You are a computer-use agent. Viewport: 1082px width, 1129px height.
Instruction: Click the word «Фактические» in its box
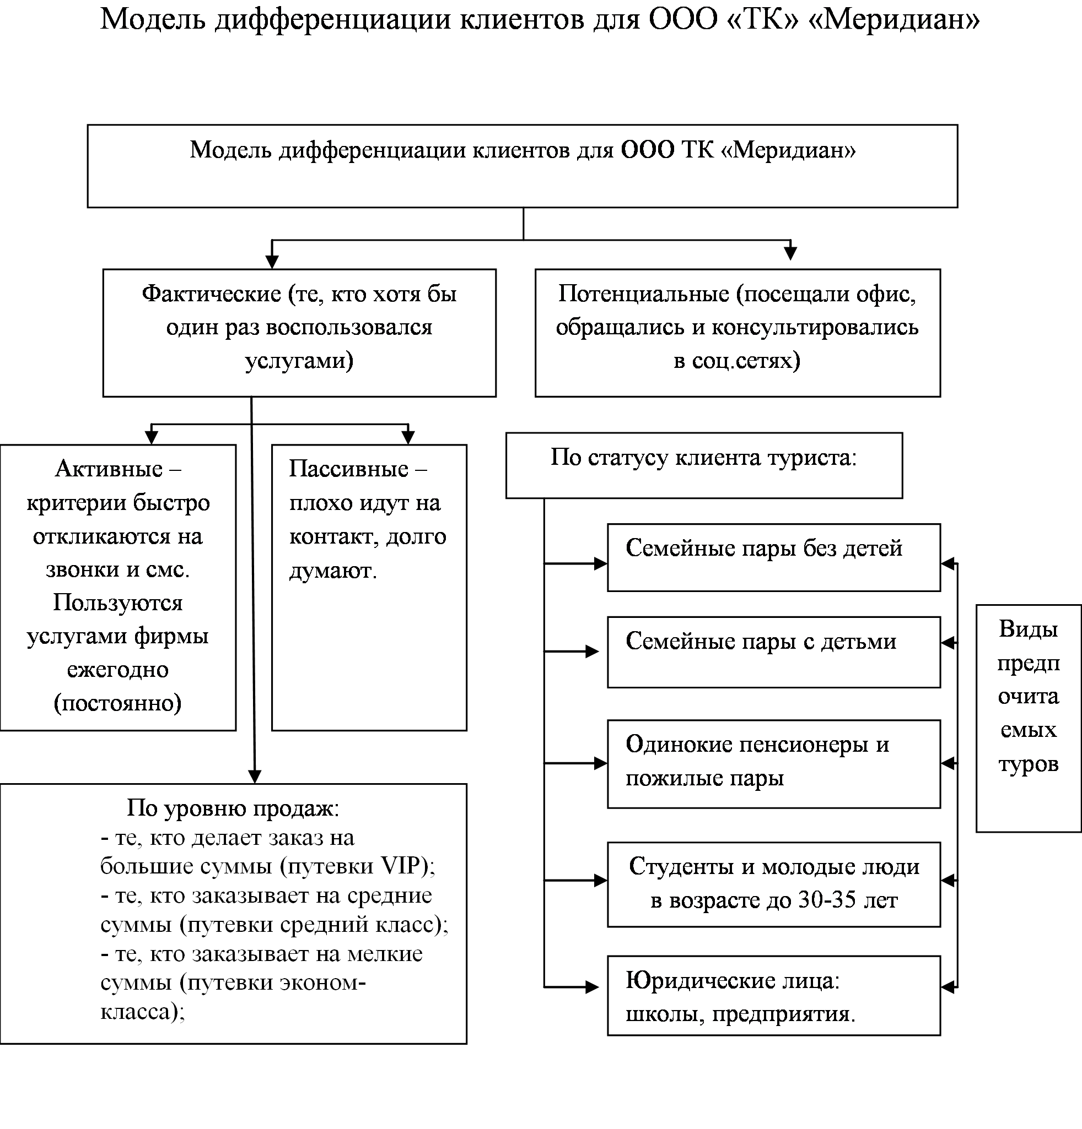[211, 294]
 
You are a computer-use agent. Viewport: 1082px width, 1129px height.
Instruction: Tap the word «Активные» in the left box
[109, 469]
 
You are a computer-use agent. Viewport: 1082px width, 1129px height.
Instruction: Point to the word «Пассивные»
[349, 469]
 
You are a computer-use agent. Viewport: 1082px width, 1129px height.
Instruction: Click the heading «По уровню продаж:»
[233, 808]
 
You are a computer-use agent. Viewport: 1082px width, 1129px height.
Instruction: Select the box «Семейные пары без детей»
[773, 557]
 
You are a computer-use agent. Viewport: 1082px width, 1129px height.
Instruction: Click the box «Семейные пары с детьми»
[773, 652]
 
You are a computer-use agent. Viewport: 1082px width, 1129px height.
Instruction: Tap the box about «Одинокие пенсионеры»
[773, 764]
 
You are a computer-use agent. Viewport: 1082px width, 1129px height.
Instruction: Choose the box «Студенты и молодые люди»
[773, 884]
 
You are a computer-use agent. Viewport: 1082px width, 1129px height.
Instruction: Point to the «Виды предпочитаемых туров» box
[1029, 718]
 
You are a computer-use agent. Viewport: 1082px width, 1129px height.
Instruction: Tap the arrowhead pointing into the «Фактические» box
[272, 262]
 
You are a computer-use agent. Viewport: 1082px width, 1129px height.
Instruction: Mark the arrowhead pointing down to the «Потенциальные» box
[790, 253]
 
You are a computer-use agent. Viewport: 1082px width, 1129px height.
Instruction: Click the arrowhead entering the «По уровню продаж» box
[254, 777]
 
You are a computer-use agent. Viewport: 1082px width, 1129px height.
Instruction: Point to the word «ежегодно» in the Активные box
[117, 670]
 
